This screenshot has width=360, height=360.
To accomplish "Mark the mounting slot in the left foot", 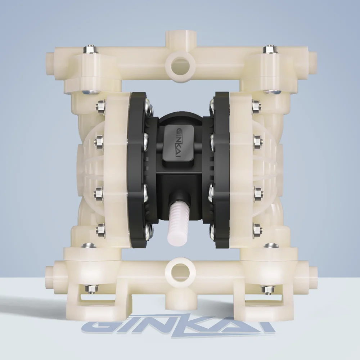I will point(94,301).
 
